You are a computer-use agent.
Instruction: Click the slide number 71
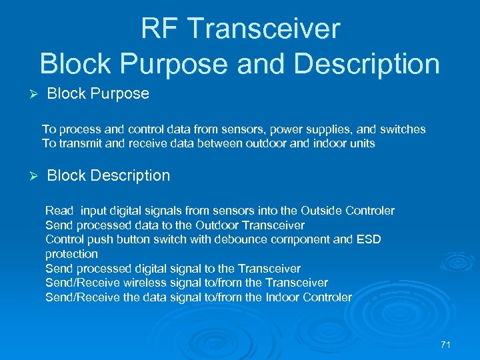(446, 345)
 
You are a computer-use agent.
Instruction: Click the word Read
(59, 211)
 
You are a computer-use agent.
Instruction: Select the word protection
(71, 254)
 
